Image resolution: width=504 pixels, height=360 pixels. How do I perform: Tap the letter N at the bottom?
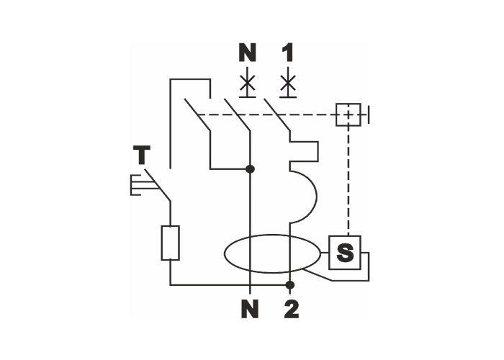tap(248, 309)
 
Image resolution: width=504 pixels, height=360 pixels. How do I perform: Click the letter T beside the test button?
tap(143, 154)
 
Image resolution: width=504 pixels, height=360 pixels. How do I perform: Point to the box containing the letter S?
tap(346, 253)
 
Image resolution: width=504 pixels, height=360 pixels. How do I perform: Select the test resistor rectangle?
tap(170, 243)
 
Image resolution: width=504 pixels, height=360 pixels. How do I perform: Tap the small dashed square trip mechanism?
tap(348, 114)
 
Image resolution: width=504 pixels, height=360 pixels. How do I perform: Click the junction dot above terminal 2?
tap(289, 284)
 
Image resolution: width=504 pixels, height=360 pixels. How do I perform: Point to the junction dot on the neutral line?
tap(250, 169)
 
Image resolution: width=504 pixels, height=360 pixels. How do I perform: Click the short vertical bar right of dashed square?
tap(369, 114)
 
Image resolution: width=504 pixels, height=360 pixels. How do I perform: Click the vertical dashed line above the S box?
tap(348, 180)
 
